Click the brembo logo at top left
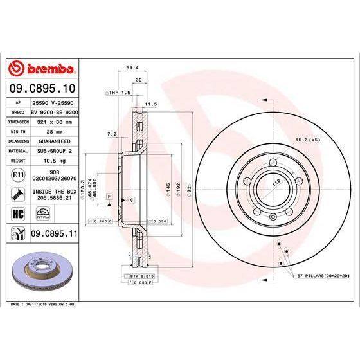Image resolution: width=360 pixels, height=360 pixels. pyautogui.click(x=42, y=67)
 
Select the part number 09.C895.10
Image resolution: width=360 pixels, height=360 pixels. pyautogui.click(x=42, y=87)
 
